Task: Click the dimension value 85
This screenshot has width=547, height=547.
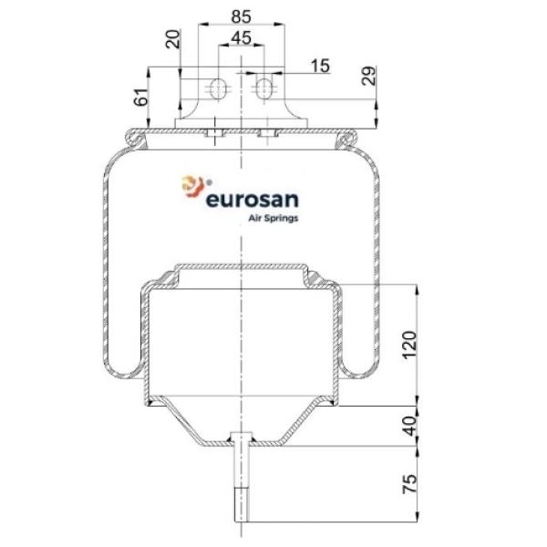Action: [x=241, y=16]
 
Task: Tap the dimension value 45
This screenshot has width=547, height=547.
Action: [x=241, y=37]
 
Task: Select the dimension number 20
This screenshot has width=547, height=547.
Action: [x=173, y=39]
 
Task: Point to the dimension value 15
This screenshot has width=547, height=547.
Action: [x=320, y=66]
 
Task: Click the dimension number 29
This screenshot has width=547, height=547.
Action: [x=368, y=76]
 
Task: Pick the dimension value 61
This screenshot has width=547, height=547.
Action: [x=141, y=97]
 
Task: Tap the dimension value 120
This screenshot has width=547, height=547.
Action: [x=409, y=345]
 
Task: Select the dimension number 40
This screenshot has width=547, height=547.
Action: [x=410, y=426]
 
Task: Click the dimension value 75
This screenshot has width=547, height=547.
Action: [x=410, y=483]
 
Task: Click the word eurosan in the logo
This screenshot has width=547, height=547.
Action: [x=253, y=200]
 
